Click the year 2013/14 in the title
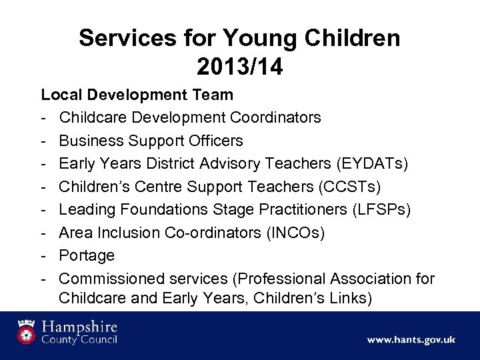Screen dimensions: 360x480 (x=239, y=66)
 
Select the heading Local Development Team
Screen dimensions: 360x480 (x=137, y=95)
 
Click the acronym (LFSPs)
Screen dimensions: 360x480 (x=380, y=210)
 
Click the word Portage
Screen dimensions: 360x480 (x=87, y=255)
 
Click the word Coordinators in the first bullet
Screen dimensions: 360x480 (x=275, y=118)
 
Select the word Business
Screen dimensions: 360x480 (x=89, y=141)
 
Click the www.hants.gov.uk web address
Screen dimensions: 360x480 (x=411, y=339)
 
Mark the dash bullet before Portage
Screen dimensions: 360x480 (x=43, y=255)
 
